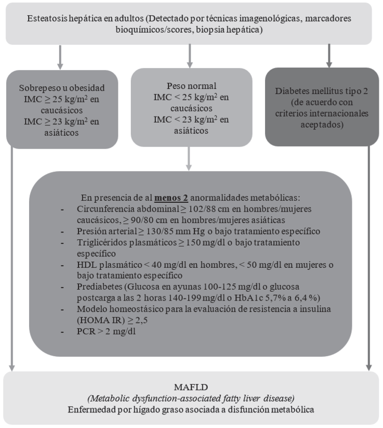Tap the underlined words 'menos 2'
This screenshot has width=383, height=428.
tap(169, 198)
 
